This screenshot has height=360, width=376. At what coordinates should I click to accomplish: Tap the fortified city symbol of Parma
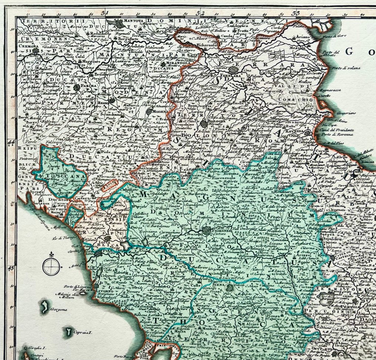(77, 88)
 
